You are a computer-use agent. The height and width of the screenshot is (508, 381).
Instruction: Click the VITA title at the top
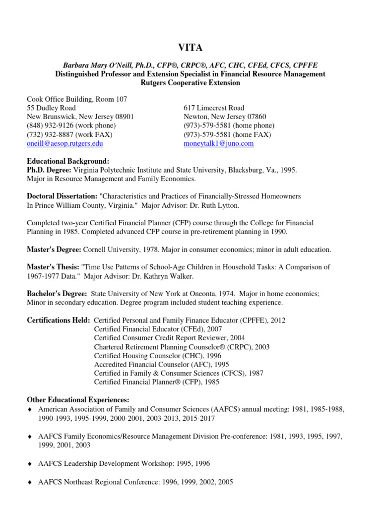pyautogui.click(x=190, y=48)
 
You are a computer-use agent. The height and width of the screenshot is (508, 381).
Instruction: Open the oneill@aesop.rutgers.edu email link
pyautogui.click(x=65, y=143)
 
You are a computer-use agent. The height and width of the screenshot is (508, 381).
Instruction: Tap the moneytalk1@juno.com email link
pyautogui.click(x=218, y=143)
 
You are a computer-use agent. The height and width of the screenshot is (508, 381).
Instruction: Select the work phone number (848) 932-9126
pyautogui.click(x=54, y=126)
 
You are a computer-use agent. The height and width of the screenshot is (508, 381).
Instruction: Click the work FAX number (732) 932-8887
pyautogui.click(x=53, y=134)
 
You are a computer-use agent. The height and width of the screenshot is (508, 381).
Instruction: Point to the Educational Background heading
pyautogui.click(x=68, y=161)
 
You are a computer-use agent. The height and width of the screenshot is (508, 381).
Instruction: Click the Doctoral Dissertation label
pyautogui.click(x=62, y=196)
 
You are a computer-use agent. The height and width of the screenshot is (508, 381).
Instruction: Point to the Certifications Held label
pyautogui.click(x=59, y=320)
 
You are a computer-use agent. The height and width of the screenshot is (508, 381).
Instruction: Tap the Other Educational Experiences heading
pyautogui.click(x=78, y=400)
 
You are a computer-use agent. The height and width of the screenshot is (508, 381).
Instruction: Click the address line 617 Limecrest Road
pyautogui.click(x=214, y=108)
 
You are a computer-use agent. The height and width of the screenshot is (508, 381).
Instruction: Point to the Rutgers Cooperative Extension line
pyautogui.click(x=190, y=83)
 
